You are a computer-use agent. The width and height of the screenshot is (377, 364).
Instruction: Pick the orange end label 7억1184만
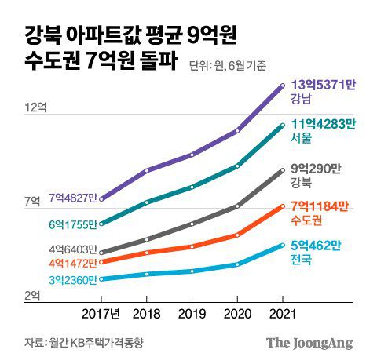[x=319, y=206]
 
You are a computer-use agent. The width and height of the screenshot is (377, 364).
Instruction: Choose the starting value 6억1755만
[x=72, y=224]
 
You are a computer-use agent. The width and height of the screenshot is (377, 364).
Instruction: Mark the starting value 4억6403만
[x=72, y=250]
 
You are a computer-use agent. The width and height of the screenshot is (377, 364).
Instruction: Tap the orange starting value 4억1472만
[x=72, y=262]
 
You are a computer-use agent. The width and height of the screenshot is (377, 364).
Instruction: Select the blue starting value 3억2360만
[x=72, y=279]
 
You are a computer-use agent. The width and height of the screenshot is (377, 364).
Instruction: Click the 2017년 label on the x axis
[x=101, y=315]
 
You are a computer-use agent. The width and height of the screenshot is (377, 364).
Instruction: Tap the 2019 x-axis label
[x=192, y=315]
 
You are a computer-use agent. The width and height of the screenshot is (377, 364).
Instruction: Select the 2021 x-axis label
[x=283, y=315]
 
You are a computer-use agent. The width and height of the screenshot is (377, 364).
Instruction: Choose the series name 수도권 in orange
[x=306, y=220]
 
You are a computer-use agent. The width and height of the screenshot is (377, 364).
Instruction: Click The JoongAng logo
[x=309, y=343]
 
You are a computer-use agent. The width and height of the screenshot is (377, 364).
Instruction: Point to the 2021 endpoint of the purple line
[x=283, y=85]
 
